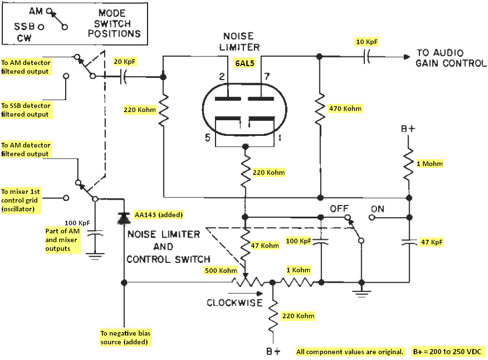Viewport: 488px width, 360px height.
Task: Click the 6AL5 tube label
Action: coord(245,63)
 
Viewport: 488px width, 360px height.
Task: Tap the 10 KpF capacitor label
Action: coord(367,42)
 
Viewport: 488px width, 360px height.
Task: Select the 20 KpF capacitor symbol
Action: coord(123,76)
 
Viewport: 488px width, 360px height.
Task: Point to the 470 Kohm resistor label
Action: coord(346,109)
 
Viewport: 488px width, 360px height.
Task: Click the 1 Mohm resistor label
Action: coord(429,164)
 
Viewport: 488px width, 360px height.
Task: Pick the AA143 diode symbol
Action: coord(124,218)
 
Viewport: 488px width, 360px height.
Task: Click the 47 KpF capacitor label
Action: coord(432,242)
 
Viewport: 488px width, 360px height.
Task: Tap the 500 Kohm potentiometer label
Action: coord(221,271)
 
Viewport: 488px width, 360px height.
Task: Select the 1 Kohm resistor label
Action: coord(299,270)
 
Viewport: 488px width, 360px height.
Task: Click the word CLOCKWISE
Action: coord(235,303)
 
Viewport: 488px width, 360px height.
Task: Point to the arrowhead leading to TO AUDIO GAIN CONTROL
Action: coord(407,57)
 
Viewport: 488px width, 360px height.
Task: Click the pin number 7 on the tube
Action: coord(267,77)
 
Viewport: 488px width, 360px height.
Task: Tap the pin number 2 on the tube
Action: coord(221,77)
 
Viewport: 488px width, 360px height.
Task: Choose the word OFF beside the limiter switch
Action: coord(339,208)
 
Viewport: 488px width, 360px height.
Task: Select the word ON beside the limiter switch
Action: coord(378,209)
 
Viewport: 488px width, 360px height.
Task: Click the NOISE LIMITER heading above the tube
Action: coord(239,42)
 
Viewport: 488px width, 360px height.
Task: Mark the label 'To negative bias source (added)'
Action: coord(125,337)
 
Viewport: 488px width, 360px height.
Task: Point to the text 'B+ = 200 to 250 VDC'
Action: coord(447,352)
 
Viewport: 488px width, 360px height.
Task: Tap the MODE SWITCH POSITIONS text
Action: coord(114,23)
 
